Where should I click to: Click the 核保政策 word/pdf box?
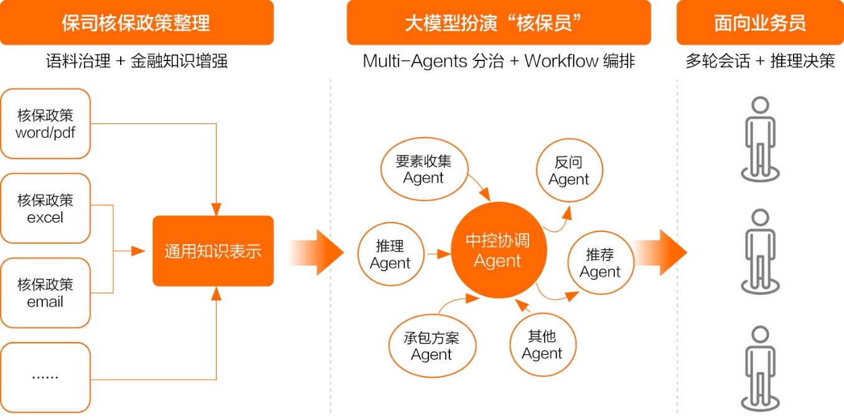pyautogui.click(x=45, y=123)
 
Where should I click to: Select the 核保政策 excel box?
pyautogui.click(x=45, y=208)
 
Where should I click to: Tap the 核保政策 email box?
pyautogui.click(x=45, y=292)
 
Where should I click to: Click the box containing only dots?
pyautogui.click(x=45, y=378)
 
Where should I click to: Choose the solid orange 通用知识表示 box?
pyautogui.click(x=213, y=251)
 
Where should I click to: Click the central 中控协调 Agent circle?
pyautogui.click(x=499, y=250)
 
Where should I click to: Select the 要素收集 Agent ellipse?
pyautogui.click(x=424, y=169)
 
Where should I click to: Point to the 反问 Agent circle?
pyautogui.click(x=570, y=171)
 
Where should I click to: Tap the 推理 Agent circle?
pyautogui.click(x=391, y=254)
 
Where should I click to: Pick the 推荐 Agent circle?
pyautogui.click(x=601, y=262)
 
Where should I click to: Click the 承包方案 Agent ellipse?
pyautogui.click(x=432, y=346)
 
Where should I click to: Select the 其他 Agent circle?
pyautogui.click(x=543, y=345)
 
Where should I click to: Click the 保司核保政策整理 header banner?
pyautogui.click(x=137, y=22)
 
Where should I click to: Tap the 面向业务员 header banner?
pyautogui.click(x=760, y=22)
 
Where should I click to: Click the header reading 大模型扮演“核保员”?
pyautogui.click(x=499, y=22)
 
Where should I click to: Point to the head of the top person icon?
pyautogui.click(x=760, y=105)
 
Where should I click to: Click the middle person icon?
pyautogui.click(x=760, y=251)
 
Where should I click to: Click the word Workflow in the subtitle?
pyautogui.click(x=561, y=60)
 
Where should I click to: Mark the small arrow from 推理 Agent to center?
pyautogui.click(x=439, y=254)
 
